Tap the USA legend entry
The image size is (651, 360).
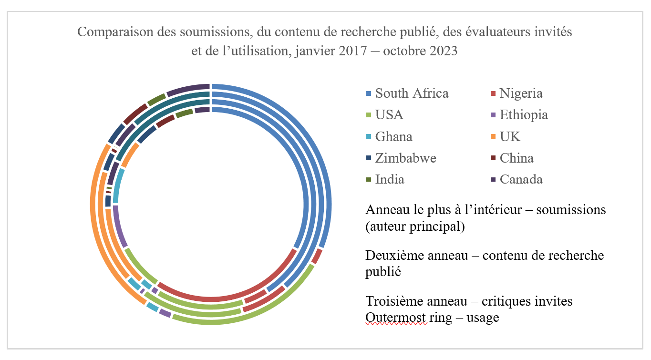click(x=389, y=115)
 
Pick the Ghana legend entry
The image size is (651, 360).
click(x=393, y=136)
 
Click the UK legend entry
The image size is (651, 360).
click(x=510, y=136)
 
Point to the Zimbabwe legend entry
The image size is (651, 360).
click(x=405, y=158)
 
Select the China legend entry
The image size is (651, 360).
click(x=517, y=158)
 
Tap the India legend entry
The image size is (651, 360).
click(x=390, y=179)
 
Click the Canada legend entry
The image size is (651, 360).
click(x=521, y=179)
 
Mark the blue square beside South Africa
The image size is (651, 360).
click(x=368, y=93)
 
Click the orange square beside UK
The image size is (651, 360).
click(x=493, y=137)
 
